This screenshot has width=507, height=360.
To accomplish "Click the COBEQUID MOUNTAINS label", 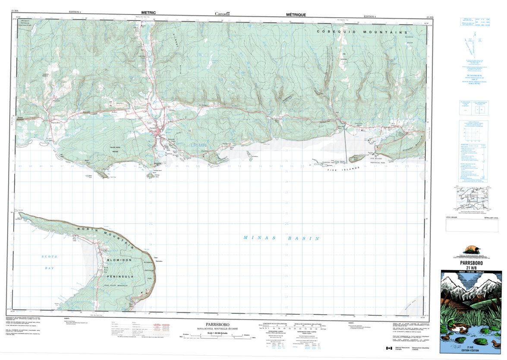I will (x=362, y=32).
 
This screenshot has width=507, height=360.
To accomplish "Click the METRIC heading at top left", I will (x=145, y=14).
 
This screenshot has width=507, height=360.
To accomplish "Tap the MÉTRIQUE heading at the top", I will (x=296, y=14).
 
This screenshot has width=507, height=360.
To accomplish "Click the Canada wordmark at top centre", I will (x=223, y=14).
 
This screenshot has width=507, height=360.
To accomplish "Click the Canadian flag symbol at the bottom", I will (x=389, y=348).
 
